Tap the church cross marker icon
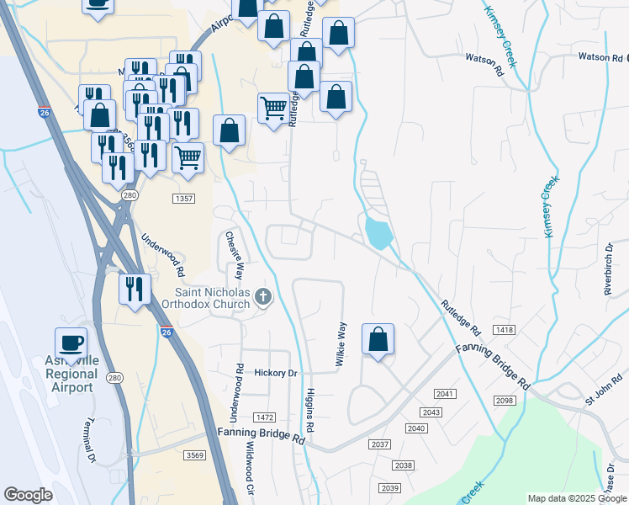tap(263, 296)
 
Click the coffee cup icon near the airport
tap(71, 343)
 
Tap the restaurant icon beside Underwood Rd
tap(135, 288)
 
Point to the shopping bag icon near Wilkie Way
tap(378, 339)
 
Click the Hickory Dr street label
tap(276, 372)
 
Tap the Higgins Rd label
tap(310, 411)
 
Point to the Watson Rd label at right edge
tap(602, 58)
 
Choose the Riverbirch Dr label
tap(608, 268)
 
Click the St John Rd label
tap(602, 391)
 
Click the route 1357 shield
tap(184, 199)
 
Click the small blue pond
tap(379, 231)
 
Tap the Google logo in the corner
tap(29, 495)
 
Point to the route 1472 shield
tap(266, 417)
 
